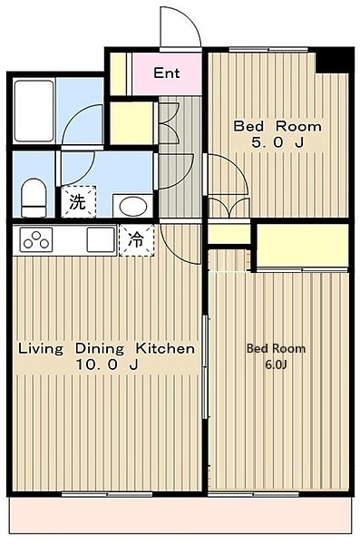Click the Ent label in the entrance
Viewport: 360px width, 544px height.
point(166,73)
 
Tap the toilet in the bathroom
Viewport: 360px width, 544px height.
point(34,198)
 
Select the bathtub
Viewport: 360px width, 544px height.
point(34,112)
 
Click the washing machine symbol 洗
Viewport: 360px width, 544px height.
point(76,201)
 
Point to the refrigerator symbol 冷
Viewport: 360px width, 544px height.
point(136,240)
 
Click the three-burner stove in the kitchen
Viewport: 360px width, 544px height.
point(37,241)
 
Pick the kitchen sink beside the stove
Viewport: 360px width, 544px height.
point(98,240)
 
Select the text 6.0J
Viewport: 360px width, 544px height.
point(276,364)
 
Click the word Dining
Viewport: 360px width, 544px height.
point(102,348)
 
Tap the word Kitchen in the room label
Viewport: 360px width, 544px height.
point(166,348)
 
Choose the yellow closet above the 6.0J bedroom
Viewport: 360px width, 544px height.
point(302,246)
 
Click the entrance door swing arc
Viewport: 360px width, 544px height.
point(180,25)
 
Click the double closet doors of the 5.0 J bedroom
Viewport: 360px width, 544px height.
point(228,205)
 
